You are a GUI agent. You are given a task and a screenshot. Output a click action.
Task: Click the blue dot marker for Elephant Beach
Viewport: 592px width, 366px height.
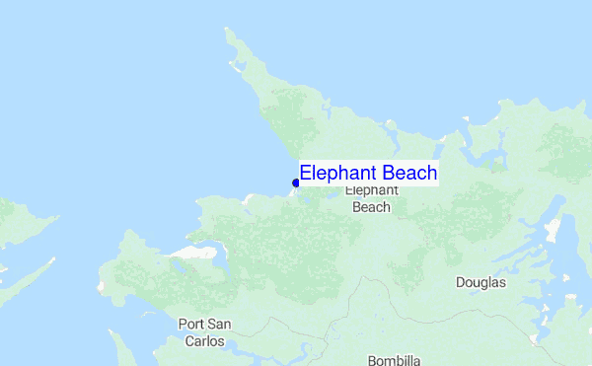(296, 183)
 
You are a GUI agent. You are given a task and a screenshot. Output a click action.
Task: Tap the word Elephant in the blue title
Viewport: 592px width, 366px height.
(333, 173)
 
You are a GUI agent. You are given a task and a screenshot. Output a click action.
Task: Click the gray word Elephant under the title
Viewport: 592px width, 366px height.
(372, 190)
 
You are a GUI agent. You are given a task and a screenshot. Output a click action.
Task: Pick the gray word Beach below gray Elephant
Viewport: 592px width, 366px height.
(372, 207)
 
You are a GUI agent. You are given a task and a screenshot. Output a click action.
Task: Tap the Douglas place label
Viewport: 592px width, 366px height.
(481, 282)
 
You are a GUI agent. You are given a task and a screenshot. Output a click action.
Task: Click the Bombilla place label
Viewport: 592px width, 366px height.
(395, 360)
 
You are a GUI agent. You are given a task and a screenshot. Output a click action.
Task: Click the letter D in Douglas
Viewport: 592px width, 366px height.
(461, 282)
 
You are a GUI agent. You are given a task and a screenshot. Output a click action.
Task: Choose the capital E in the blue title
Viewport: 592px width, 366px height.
(306, 173)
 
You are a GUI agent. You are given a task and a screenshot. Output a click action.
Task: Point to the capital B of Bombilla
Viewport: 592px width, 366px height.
(372, 360)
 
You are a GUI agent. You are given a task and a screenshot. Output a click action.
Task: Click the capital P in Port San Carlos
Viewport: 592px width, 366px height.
(182, 324)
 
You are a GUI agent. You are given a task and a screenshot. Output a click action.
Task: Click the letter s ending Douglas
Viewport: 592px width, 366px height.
(502, 282)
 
